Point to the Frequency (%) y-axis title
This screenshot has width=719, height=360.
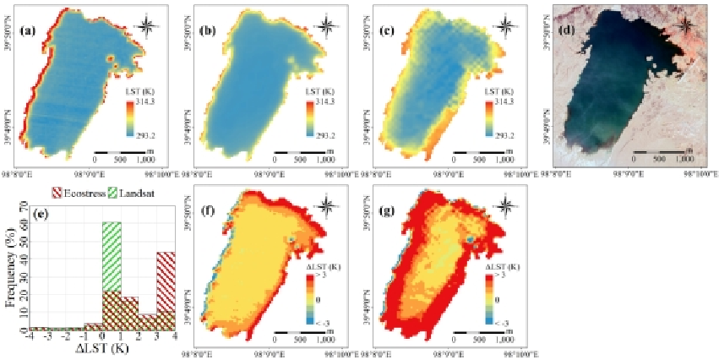coord(10,266)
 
